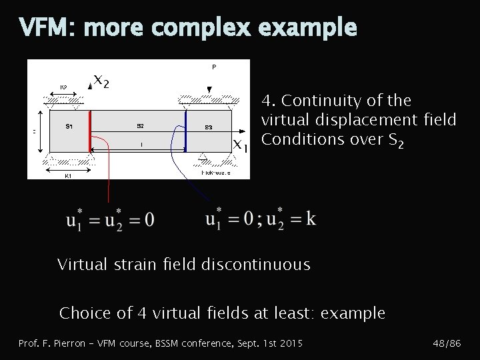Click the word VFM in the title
coord(41,27)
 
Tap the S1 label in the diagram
coord(70,125)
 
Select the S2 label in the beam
coord(140,125)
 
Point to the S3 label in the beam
coord(209,127)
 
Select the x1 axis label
coord(241,146)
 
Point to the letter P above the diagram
coord(213,67)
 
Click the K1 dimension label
coord(67,176)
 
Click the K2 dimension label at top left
coord(64,87)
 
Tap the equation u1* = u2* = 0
coord(110,218)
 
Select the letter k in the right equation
coord(311,217)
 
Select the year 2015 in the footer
coord(291,343)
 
